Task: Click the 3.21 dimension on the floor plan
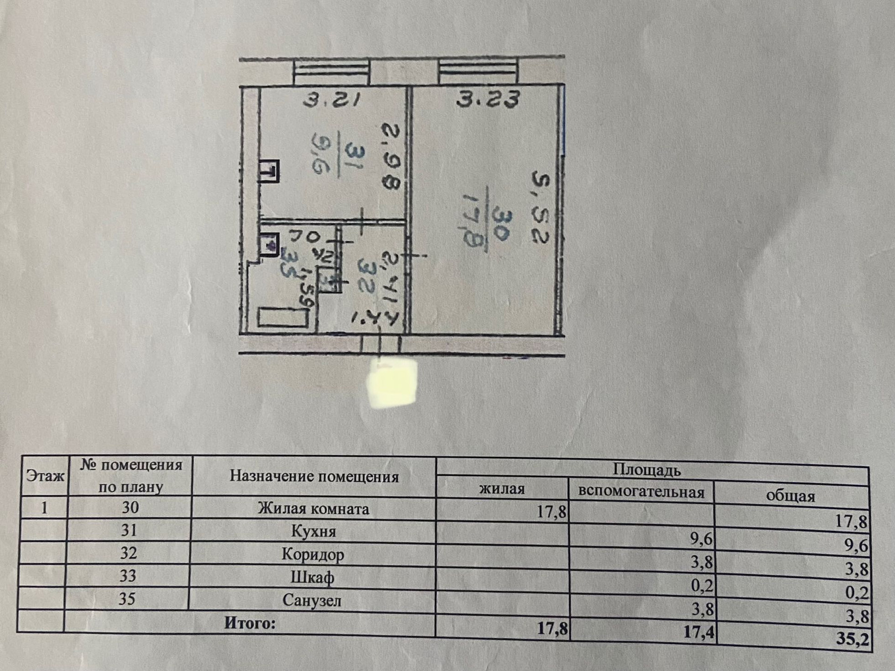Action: pyautogui.click(x=331, y=100)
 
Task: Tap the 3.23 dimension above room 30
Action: pyautogui.click(x=488, y=99)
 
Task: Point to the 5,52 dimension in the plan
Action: pyautogui.click(x=541, y=208)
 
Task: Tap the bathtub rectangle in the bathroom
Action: pyautogui.click(x=282, y=318)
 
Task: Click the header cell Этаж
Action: pyautogui.click(x=45, y=476)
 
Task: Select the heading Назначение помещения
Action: pyautogui.click(x=314, y=476)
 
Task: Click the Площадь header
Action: pyautogui.click(x=646, y=470)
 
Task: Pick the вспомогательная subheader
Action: pyautogui.click(x=641, y=492)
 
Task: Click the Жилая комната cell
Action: pyautogui.click(x=313, y=508)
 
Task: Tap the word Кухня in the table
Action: pyautogui.click(x=313, y=531)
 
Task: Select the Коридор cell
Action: pyautogui.click(x=313, y=555)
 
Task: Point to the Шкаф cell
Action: pyautogui.click(x=312, y=578)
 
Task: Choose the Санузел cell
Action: pyautogui.click(x=312, y=601)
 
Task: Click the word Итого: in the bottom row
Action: pyautogui.click(x=250, y=623)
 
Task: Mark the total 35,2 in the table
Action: pyautogui.click(x=852, y=638)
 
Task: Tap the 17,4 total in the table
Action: pyautogui.click(x=698, y=632)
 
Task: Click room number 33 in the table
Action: pyautogui.click(x=128, y=576)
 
